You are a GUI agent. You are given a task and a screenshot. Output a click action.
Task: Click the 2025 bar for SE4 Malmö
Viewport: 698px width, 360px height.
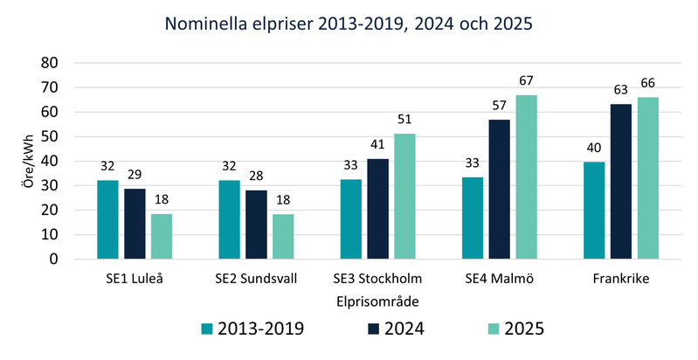[526, 177]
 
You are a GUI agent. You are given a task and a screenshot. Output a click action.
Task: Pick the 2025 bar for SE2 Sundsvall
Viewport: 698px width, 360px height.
[283, 237]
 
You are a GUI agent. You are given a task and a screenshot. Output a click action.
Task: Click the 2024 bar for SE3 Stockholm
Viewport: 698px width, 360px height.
[377, 209]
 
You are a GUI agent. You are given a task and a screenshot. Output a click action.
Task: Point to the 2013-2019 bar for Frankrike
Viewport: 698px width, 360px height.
[593, 211]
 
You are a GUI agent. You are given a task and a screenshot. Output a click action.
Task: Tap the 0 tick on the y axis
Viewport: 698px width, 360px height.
[54, 260]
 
